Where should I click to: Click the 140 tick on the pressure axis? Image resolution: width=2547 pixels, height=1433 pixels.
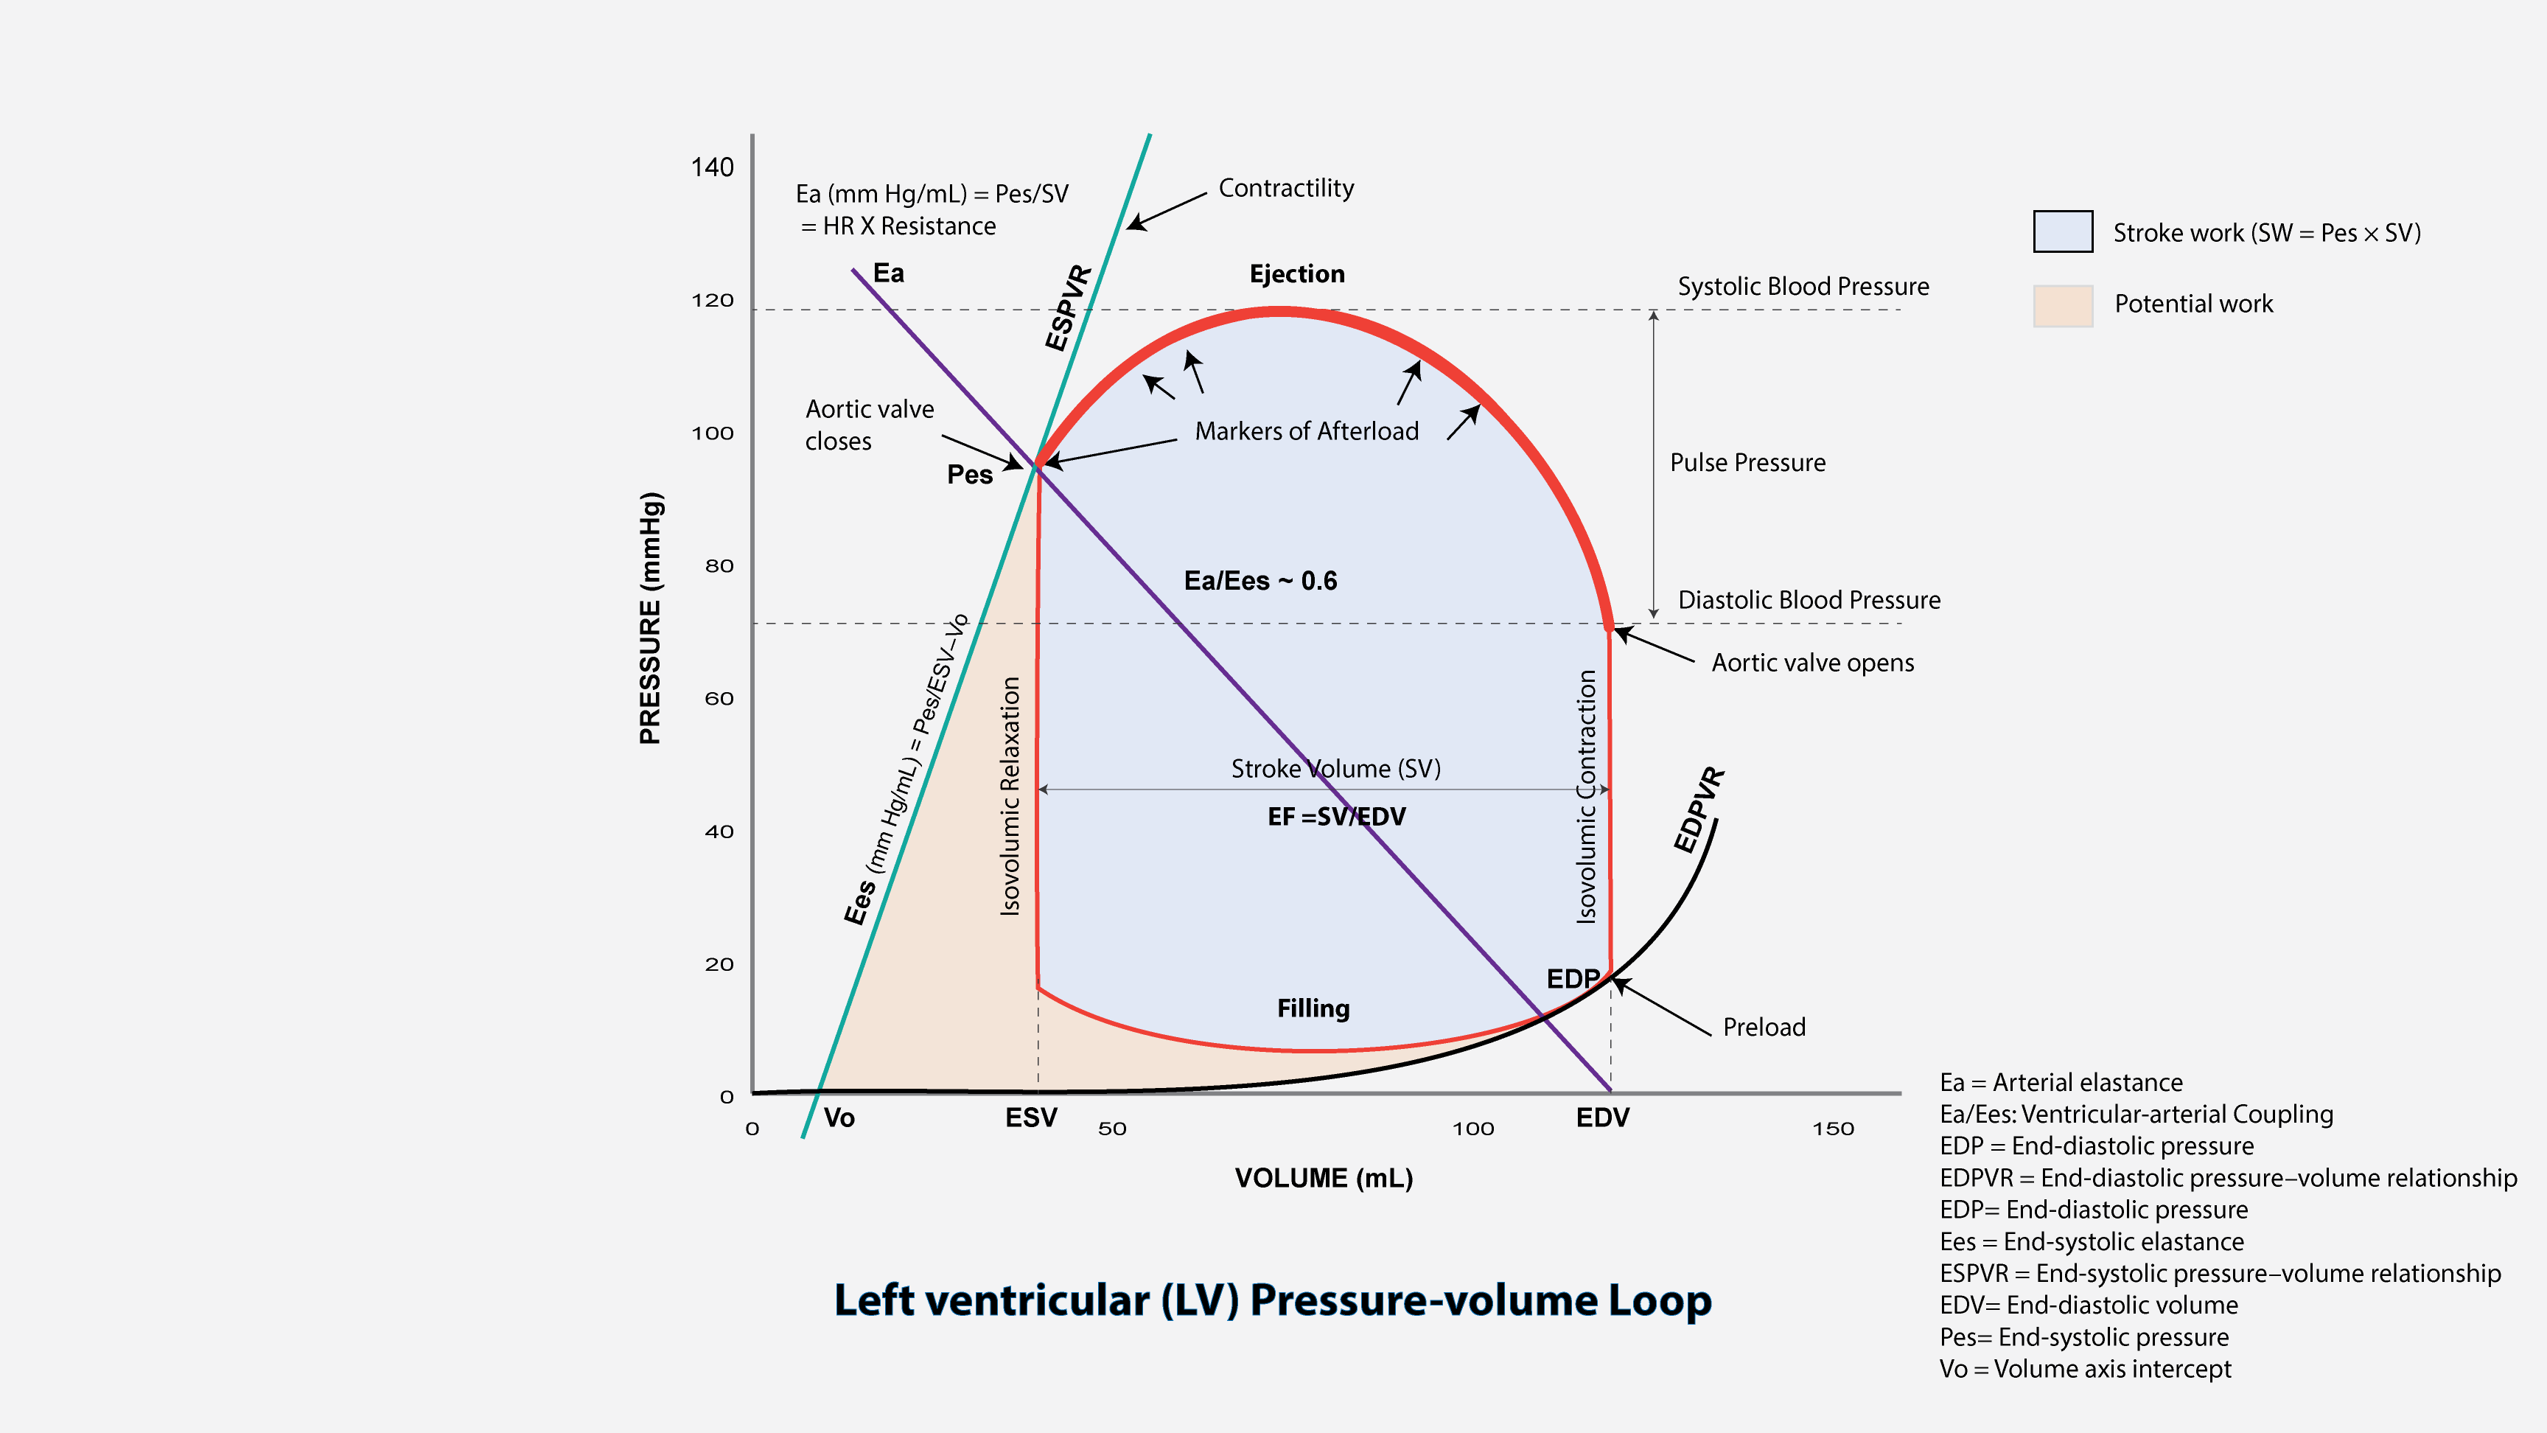pos(712,167)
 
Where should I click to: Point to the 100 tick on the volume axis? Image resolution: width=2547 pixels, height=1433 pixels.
pos(1472,1129)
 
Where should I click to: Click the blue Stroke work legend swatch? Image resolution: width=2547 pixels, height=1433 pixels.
pos(2063,231)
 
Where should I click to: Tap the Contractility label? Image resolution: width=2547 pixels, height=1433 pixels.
pos(1285,188)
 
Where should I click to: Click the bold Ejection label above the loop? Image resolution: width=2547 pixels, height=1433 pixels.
pos(1296,274)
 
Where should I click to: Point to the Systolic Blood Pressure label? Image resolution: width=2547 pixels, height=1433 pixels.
pos(1803,287)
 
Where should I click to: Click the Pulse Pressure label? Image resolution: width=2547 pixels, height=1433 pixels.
pos(1747,463)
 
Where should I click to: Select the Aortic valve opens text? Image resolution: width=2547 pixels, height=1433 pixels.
pos(1812,663)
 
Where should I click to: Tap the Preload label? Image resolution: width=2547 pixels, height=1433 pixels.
pos(1764,1028)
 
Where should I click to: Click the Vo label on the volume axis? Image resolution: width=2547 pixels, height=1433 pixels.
pos(839,1118)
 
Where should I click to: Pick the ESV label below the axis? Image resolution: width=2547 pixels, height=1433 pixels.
pos(1031,1118)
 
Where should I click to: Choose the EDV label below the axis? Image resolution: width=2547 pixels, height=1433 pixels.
pos(1601,1118)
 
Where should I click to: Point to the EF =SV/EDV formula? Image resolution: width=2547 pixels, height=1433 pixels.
pos(1336,817)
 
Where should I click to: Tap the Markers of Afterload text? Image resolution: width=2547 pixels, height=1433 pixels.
pos(1306,431)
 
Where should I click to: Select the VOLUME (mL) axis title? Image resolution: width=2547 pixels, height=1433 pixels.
pos(1323,1179)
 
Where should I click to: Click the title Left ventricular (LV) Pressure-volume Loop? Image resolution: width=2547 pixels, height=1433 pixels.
pos(1273,1300)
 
